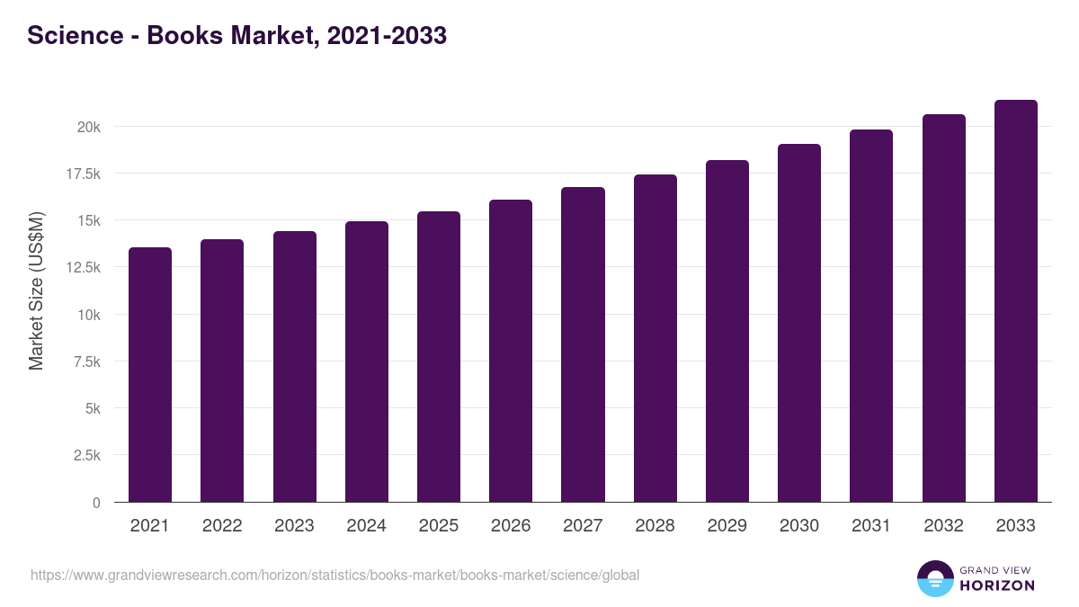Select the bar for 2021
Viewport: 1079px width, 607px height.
point(150,374)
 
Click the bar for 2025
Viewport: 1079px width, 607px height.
point(439,356)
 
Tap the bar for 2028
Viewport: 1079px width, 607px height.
point(655,338)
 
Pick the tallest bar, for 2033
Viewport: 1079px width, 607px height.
point(1015,300)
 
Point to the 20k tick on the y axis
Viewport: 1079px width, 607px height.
point(88,127)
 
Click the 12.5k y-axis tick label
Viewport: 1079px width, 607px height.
point(84,268)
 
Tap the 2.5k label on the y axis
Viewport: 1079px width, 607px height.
point(87,456)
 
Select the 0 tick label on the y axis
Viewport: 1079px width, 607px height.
point(96,503)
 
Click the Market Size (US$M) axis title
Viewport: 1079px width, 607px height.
point(36,290)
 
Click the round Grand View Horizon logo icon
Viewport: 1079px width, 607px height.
point(935,578)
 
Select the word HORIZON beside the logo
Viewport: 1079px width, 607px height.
point(997,585)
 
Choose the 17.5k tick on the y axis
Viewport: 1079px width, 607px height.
point(84,174)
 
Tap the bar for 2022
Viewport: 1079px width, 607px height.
point(222,370)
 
